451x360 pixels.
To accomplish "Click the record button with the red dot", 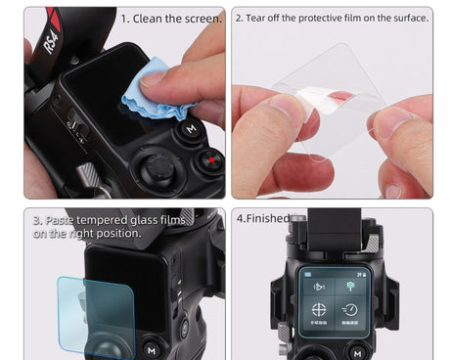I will [207, 159].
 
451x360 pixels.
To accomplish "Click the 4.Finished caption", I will [261, 218].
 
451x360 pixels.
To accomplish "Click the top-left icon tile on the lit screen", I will [319, 286].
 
